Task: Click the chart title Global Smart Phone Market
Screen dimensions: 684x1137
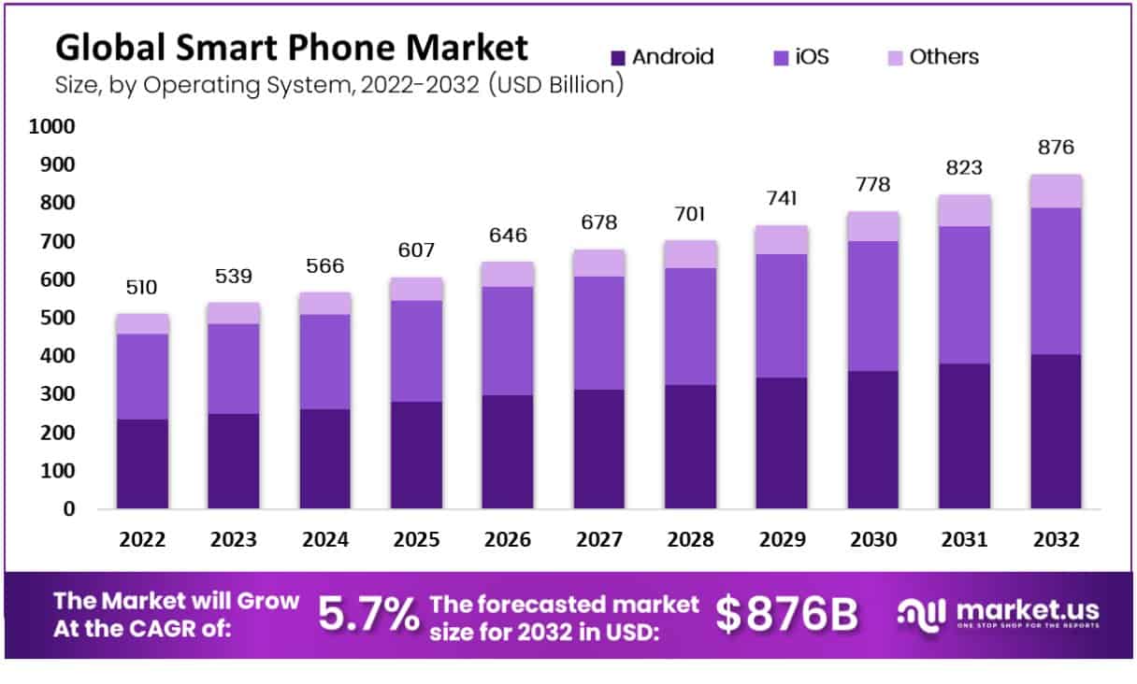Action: coord(291,48)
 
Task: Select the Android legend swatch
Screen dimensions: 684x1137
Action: coord(616,58)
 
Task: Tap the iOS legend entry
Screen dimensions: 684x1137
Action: coord(800,57)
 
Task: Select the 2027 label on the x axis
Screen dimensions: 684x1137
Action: coord(599,540)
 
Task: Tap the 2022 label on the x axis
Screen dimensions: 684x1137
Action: coord(142,540)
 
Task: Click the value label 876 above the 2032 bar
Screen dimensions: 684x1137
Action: coord(1056,148)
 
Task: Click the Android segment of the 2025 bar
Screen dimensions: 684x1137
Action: coord(417,455)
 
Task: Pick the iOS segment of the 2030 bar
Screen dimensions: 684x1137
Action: coord(873,306)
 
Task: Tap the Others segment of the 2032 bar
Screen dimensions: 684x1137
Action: coord(1056,191)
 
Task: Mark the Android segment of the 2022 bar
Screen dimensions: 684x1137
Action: coord(142,463)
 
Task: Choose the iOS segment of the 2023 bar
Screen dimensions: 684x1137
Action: coord(234,368)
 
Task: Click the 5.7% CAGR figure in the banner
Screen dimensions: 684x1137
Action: coord(368,614)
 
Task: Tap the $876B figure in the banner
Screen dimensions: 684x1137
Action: coord(786,614)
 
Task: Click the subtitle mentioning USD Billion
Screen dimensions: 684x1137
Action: coord(339,85)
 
